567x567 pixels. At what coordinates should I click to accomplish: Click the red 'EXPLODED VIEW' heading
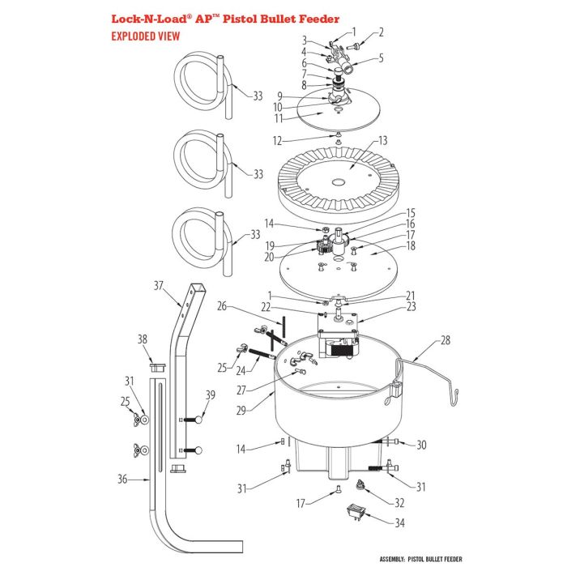(x=145, y=36)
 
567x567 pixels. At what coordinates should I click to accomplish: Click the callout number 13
(x=383, y=139)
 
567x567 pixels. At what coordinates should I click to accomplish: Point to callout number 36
(x=122, y=479)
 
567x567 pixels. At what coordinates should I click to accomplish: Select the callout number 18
(x=411, y=245)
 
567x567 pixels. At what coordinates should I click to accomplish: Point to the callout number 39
(x=211, y=394)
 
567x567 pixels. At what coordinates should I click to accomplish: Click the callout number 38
(x=143, y=339)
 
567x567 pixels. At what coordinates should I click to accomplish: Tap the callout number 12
(x=277, y=141)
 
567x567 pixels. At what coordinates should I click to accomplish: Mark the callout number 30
(x=420, y=445)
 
